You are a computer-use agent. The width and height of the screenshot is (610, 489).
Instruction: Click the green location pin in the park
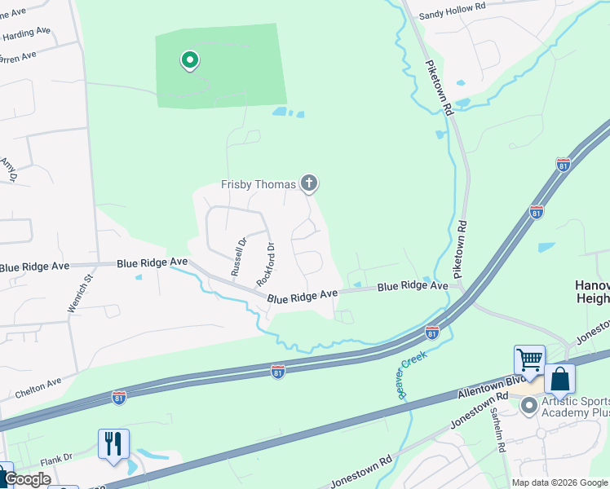click(190, 60)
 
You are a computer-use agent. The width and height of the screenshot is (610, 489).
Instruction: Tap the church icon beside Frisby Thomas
click(308, 183)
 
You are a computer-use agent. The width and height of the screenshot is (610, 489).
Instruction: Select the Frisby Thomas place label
click(259, 184)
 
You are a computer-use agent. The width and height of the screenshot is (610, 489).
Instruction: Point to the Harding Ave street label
click(26, 33)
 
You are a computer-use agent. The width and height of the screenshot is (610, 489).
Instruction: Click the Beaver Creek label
click(413, 371)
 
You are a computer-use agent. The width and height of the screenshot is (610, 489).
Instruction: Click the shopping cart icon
click(529, 359)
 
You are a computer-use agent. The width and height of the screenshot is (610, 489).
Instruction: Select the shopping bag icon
click(560, 379)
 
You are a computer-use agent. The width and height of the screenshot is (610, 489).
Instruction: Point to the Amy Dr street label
click(9, 170)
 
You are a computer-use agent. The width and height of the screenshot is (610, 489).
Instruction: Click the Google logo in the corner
click(27, 479)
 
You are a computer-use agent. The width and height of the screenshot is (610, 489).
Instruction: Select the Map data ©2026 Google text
click(560, 482)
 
